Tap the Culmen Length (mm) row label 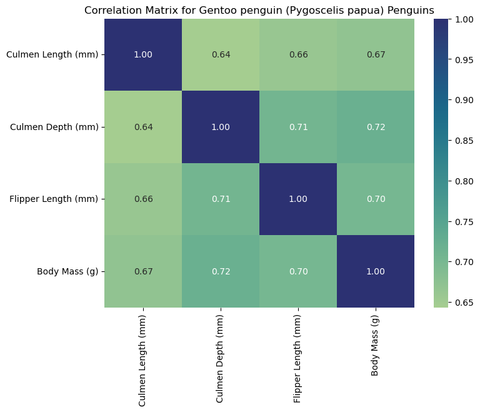coord(52,54)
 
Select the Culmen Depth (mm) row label coord(54,127)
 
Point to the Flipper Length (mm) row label coord(54,199)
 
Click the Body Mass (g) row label coord(67,271)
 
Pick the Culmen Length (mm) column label coord(143,357)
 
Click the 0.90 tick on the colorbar coord(456,100)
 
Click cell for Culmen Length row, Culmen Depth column coord(221,54)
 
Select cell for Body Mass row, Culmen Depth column coord(221,271)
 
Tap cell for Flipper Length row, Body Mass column coord(376,199)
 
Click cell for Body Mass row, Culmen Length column coord(143,271)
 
